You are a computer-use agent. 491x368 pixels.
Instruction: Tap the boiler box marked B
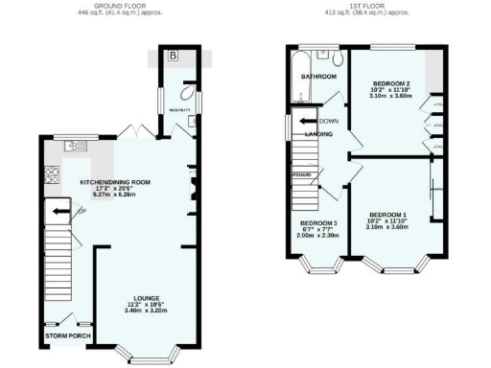[173, 56]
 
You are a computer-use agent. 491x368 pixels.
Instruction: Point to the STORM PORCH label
[64, 336]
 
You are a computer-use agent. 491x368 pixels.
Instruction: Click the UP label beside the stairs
[82, 211]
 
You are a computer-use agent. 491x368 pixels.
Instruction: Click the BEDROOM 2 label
[390, 85]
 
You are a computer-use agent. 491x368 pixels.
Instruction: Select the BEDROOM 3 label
[318, 222]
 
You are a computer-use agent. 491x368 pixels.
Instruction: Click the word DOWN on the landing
[330, 121]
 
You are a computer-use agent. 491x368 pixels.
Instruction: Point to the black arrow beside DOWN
[307, 121]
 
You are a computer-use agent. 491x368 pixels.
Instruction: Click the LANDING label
[318, 134]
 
